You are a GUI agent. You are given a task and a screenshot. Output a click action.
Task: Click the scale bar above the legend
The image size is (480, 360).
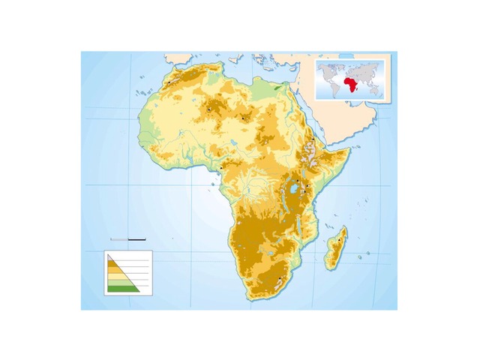click(127, 238)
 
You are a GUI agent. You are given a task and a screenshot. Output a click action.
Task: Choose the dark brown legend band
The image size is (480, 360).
click(113, 265)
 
